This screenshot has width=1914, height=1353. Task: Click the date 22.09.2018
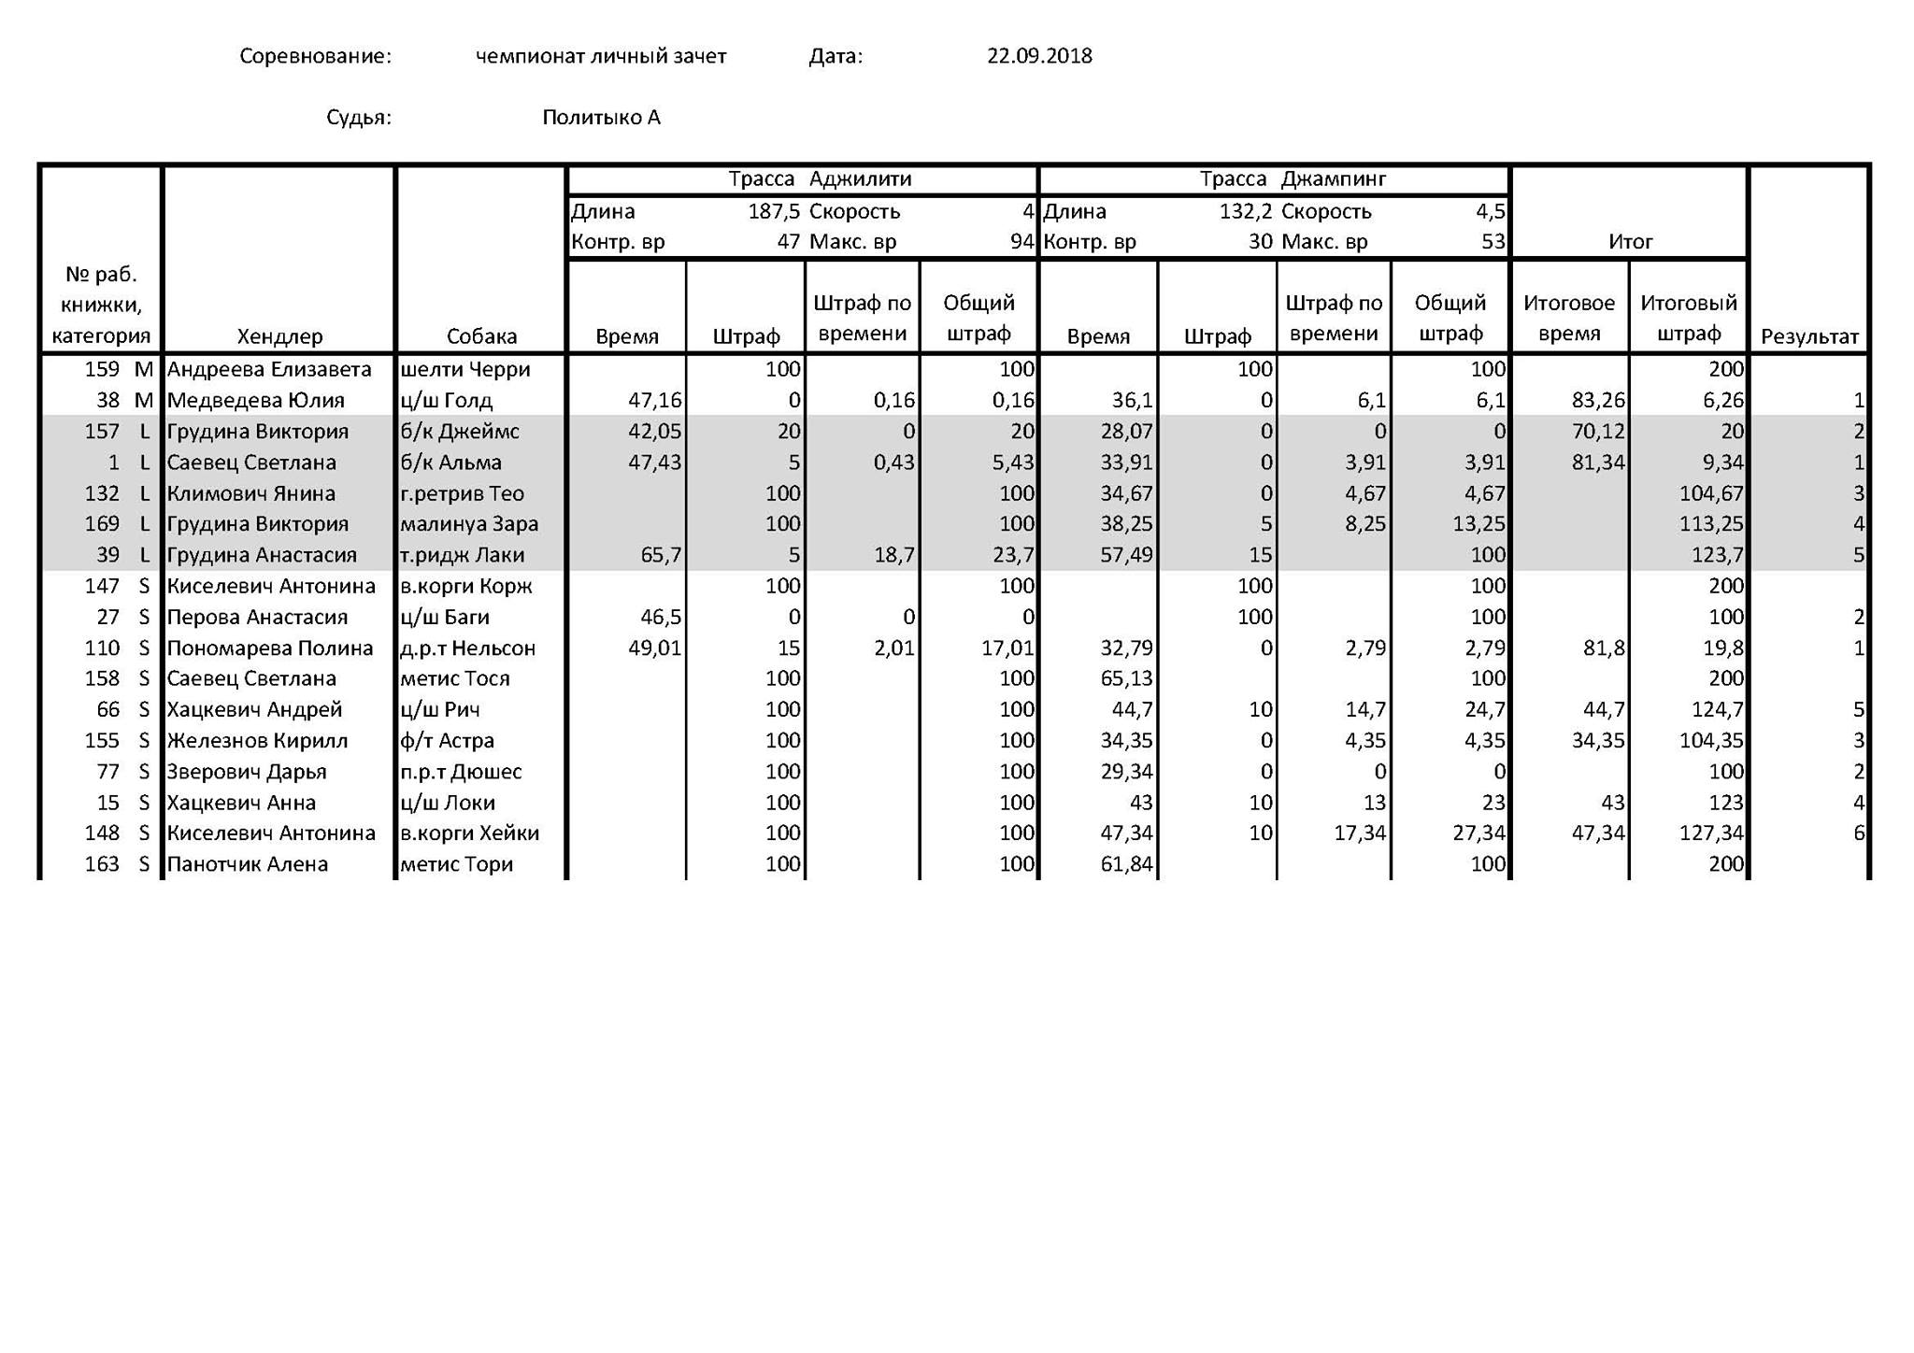(1039, 56)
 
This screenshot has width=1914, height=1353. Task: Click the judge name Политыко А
(601, 118)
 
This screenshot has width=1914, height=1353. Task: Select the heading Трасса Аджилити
(820, 179)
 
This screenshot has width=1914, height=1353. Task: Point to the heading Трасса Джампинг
(1293, 179)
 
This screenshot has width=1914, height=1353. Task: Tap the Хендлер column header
(279, 336)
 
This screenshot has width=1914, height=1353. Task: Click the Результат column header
(1809, 336)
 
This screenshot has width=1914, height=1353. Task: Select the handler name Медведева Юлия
(255, 401)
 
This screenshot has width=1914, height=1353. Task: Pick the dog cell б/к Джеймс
(460, 432)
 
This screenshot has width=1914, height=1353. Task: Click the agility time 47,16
(655, 401)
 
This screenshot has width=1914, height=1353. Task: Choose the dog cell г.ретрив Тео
(462, 493)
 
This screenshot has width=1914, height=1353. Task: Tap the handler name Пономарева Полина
(269, 648)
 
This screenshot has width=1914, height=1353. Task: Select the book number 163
(102, 864)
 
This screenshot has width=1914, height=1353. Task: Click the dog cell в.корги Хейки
(469, 833)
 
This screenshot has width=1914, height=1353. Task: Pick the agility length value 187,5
(773, 212)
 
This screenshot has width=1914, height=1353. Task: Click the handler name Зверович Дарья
(247, 772)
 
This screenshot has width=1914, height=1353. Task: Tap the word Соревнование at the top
(315, 56)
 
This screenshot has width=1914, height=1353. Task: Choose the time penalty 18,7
(894, 556)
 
